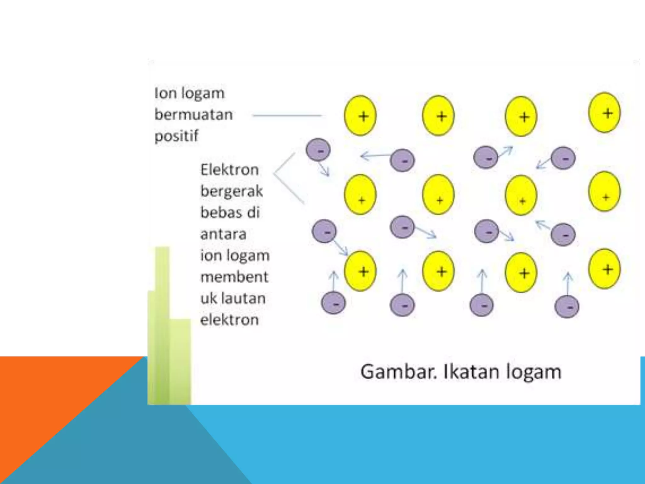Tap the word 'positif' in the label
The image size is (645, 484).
[x=176, y=136]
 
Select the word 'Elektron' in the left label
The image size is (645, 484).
[x=230, y=170]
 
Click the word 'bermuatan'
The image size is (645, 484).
[x=193, y=114]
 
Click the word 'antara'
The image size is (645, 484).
[x=223, y=234]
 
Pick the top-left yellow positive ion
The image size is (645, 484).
[x=360, y=116]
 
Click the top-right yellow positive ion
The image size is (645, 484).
[x=604, y=112]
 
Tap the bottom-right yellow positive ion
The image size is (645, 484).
[x=604, y=269]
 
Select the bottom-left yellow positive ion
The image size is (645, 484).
[x=360, y=271]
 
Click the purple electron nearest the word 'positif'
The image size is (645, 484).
[x=318, y=150]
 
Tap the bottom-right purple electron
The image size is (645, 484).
[x=567, y=307]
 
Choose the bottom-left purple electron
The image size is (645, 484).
[x=334, y=303]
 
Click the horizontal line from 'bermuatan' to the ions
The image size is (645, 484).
[x=287, y=116]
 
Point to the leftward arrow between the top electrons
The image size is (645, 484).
[x=375, y=155]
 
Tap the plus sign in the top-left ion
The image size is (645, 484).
[x=363, y=116]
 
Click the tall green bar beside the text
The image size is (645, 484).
[x=162, y=325]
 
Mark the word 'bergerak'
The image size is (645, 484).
[x=231, y=191]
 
